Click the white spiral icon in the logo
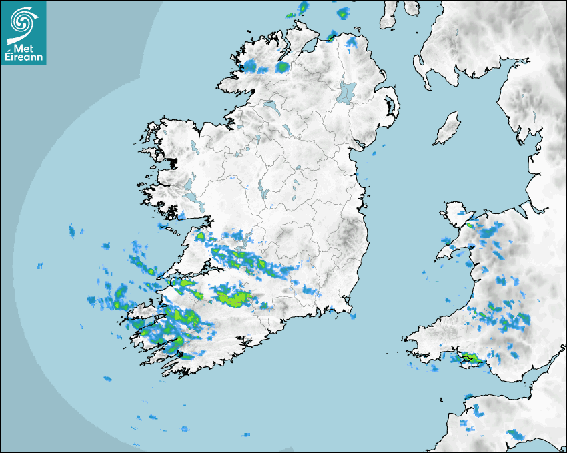click(23, 21)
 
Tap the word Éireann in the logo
click(24, 57)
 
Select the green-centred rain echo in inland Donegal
click(283, 67)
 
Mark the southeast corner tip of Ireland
click(351, 308)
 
